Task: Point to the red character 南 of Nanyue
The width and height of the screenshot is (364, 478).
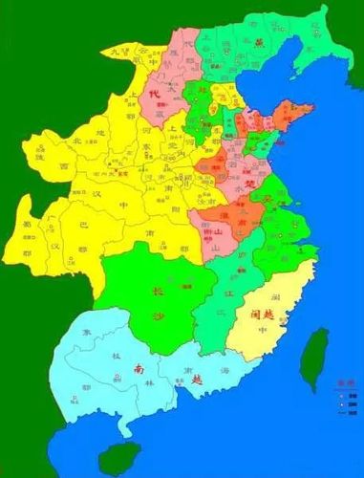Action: point(139,368)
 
